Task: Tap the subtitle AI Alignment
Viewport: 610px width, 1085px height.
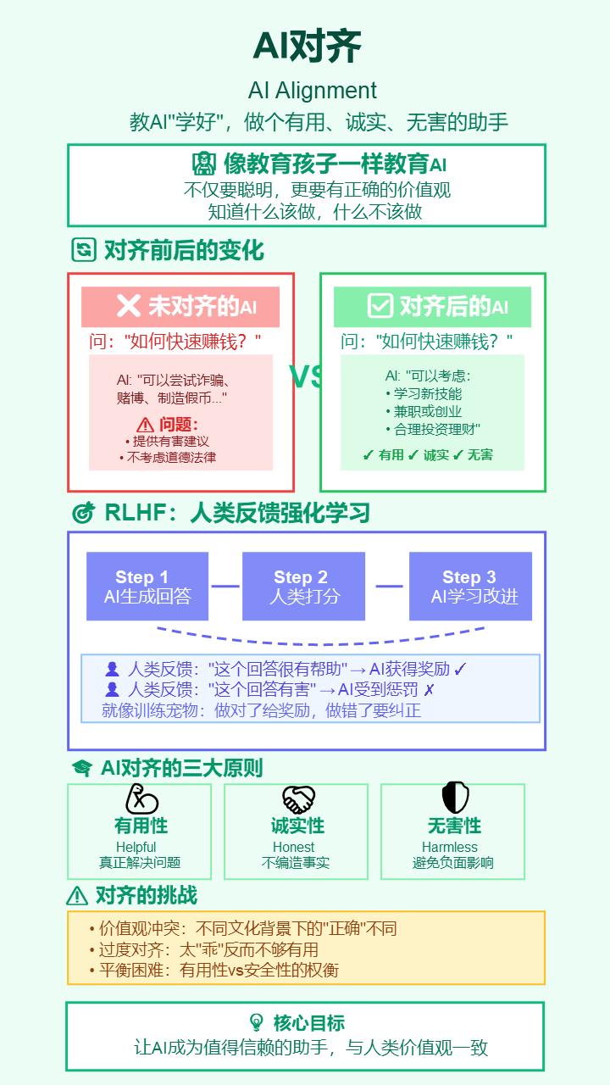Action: coord(313,91)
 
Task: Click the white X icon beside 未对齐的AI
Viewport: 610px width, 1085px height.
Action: coord(129,306)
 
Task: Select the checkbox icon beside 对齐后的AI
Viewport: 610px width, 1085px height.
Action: coord(380,306)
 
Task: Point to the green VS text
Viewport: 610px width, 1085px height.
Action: coord(307,377)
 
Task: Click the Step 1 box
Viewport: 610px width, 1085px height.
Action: coord(141,587)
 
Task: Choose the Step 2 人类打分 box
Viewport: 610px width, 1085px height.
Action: coord(304,587)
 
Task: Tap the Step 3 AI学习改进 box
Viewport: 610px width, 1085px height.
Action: coord(470,587)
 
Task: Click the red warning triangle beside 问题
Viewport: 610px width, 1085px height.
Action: coord(146,425)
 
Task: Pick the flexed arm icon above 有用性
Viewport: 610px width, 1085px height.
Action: coord(141,798)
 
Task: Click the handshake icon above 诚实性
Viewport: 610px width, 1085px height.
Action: coord(298,798)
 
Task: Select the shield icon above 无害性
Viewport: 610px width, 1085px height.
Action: coord(455,798)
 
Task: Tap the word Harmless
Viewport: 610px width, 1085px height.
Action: coord(450,848)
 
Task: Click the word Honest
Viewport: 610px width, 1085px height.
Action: coord(294,848)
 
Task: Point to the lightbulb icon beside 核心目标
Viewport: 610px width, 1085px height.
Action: coord(256,1022)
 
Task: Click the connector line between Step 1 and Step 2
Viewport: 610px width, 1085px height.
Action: coord(225,586)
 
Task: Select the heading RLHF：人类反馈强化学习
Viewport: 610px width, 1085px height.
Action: coord(237,513)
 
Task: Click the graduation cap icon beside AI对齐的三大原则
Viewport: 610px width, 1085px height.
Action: coord(82,768)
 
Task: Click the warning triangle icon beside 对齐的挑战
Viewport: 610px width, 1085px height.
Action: coord(77,895)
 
